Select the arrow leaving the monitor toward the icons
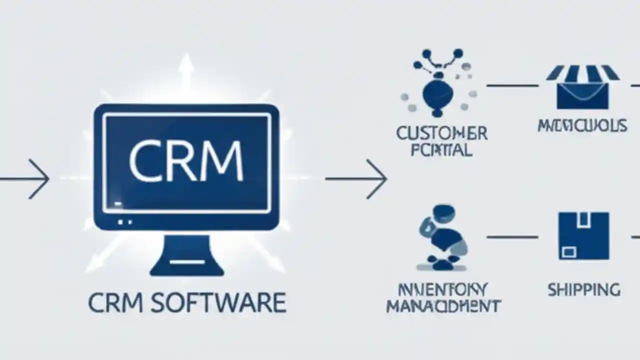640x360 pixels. [x=356, y=178]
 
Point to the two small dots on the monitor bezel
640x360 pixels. [x=124, y=221]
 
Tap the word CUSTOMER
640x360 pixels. [x=441, y=133]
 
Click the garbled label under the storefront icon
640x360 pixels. [x=582, y=125]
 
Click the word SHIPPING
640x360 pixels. [x=583, y=289]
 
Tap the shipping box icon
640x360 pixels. [x=583, y=235]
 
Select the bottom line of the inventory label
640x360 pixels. [x=443, y=306]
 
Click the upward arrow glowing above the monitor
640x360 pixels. [x=186, y=70]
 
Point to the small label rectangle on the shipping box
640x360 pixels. [x=568, y=251]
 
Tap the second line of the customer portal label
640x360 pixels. [x=441, y=150]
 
